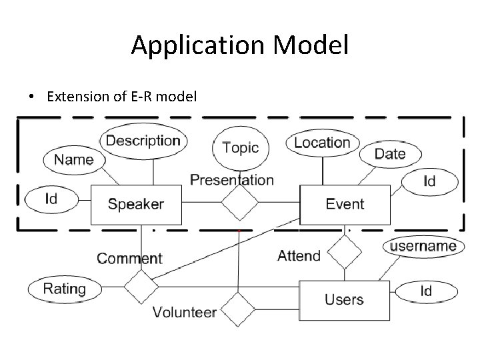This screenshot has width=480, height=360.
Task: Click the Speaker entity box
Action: pyautogui.click(x=135, y=205)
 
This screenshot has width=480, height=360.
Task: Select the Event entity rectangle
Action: pyautogui.click(x=344, y=205)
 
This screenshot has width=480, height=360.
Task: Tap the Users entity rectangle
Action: pyautogui.click(x=344, y=300)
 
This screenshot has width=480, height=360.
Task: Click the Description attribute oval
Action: pyautogui.click(x=143, y=141)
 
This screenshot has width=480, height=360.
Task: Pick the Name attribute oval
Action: pyautogui.click(x=73, y=160)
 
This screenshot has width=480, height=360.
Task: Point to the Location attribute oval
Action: pyautogui.click(x=322, y=142)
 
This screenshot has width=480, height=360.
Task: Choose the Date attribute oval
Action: pyautogui.click(x=390, y=154)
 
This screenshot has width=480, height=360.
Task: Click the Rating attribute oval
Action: pyautogui.click(x=65, y=289)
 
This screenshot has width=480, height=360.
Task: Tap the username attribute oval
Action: pyautogui.click(x=423, y=246)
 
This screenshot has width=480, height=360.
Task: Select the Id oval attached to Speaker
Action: pyautogui.click(x=51, y=199)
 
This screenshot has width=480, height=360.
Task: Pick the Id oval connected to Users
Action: pyautogui.click(x=425, y=291)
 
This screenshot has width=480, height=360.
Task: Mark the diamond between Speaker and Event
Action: pyautogui.click(x=239, y=202)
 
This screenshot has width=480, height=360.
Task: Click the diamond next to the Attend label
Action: pyautogui.click(x=344, y=252)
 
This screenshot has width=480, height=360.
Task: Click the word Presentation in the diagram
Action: pyautogui.click(x=231, y=180)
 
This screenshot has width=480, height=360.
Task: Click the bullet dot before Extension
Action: pyautogui.click(x=31, y=97)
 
